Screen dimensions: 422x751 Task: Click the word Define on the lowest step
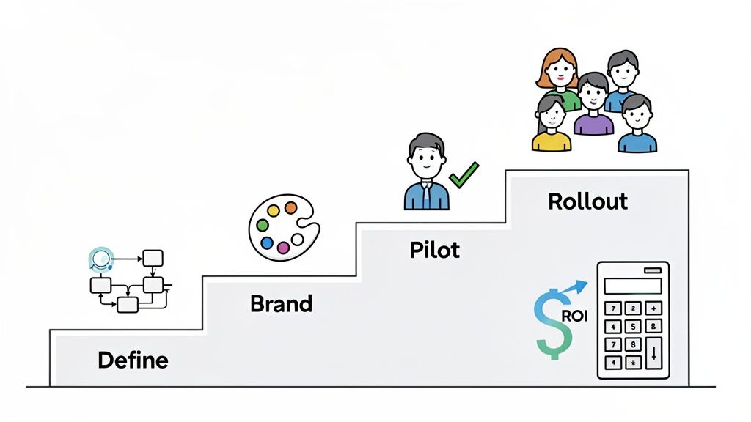(133, 360)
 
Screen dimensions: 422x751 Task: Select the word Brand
(281, 303)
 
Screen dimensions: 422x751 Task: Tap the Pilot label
(434, 250)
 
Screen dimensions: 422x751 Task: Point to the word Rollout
(587, 201)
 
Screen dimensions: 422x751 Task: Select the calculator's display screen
(634, 285)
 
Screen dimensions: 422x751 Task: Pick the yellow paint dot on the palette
(273, 211)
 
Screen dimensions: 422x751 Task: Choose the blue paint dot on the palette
(267, 243)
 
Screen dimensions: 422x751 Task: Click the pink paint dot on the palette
(283, 248)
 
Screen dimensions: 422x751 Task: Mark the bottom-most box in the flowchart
(128, 305)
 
